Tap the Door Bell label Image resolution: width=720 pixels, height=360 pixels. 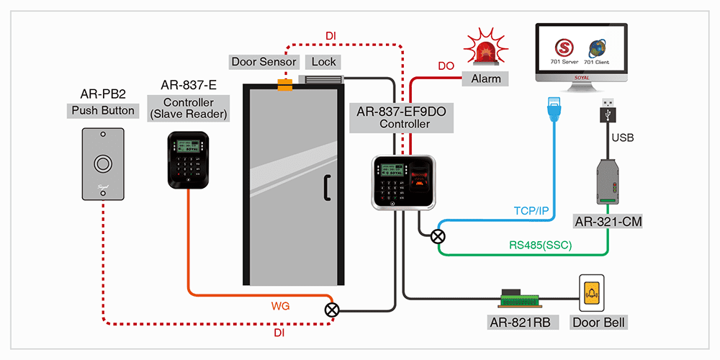coord(597,323)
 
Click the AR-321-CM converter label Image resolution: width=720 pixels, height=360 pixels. coord(608,222)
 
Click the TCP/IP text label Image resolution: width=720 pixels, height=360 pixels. coord(531,211)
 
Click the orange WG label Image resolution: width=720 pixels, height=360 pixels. coord(280,306)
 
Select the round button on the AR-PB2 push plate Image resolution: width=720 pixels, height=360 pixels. coord(103,163)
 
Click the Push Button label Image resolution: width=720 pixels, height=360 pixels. coord(102,111)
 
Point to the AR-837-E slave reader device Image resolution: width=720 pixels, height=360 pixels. coord(188,160)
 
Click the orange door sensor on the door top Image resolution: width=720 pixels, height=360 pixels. coord(285,86)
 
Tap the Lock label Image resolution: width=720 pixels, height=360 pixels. coord(324,62)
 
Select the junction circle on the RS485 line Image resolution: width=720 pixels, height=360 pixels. coord(438,235)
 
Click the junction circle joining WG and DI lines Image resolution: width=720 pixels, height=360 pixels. coord(332,310)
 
